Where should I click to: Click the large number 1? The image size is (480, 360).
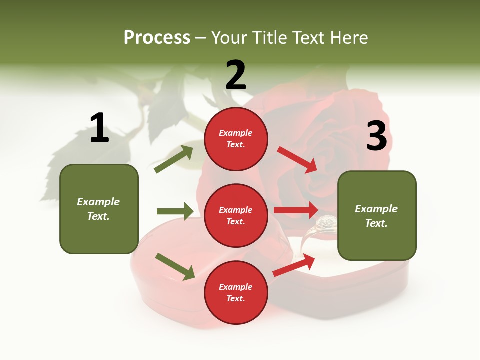coord(99,128)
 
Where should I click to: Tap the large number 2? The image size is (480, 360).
coord(236,75)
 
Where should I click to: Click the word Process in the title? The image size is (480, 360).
coord(157,37)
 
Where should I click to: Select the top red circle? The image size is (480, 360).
coord(236,139)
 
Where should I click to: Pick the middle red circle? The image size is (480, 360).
coord(236,216)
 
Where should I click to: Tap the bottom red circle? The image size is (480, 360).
coord(236,293)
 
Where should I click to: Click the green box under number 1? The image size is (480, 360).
coord(99,209)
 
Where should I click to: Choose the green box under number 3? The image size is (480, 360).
coord(377,216)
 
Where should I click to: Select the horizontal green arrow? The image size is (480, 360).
coord(175,211)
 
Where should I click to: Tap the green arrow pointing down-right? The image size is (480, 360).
coord(175,266)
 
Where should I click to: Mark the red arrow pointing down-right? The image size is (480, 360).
coord(297,159)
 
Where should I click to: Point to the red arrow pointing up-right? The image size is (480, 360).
coord(294,265)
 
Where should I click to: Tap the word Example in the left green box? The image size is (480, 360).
coord(98,202)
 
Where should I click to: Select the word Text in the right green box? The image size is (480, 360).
coord(376,223)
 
